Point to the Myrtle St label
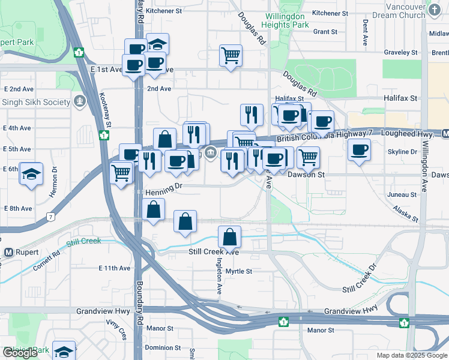click(x=238, y=271)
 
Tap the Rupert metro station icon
click(x=9, y=251)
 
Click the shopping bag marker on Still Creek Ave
click(x=230, y=238)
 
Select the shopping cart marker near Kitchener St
click(x=231, y=56)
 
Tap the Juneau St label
click(x=402, y=195)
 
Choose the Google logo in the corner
click(x=20, y=353)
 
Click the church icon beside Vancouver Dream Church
click(x=435, y=10)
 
